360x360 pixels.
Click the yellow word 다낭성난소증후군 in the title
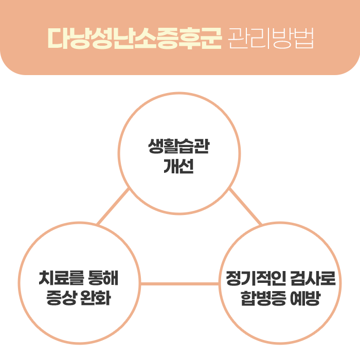[x=135, y=37]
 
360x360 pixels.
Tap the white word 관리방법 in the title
[x=270, y=37]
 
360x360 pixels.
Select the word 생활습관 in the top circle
[x=178, y=147]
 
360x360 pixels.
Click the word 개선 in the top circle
[x=178, y=167]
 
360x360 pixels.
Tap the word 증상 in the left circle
[x=61, y=299]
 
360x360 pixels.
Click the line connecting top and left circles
[x=113, y=207]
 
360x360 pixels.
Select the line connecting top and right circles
[x=245, y=207]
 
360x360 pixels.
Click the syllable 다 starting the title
[x=57, y=37]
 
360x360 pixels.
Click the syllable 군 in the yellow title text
[x=211, y=37]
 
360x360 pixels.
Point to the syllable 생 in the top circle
[x=155, y=147]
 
